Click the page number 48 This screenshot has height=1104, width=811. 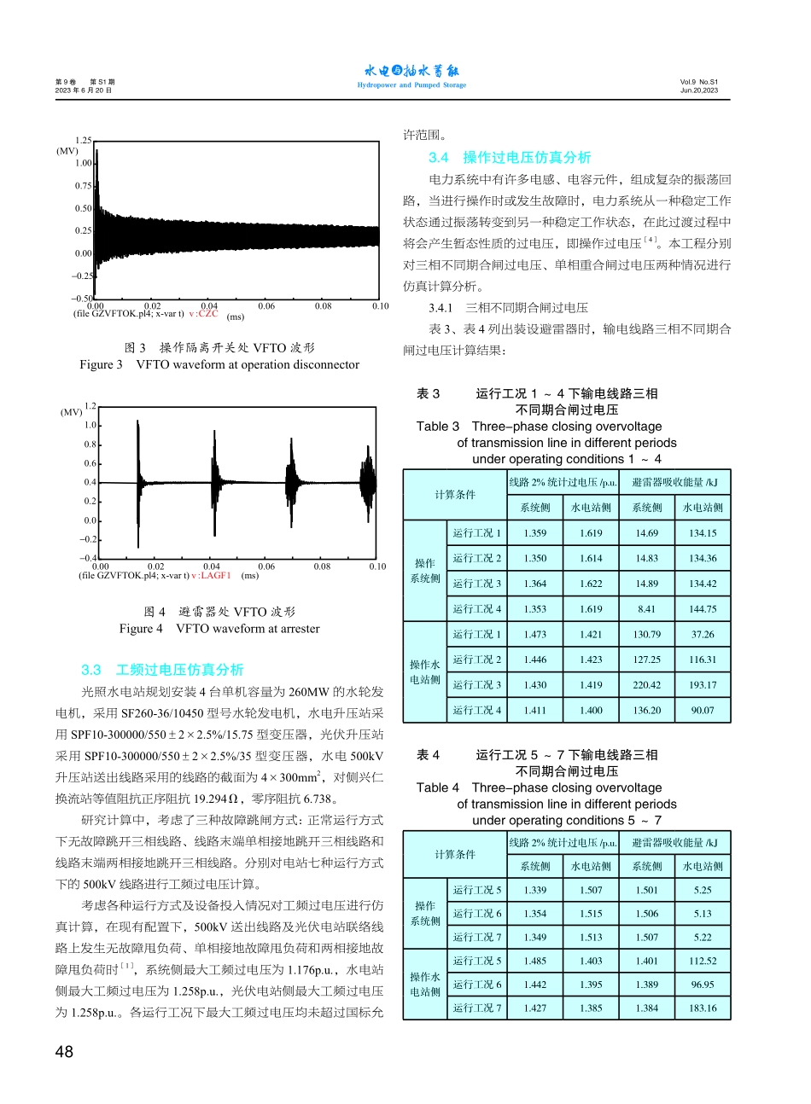[x=64, y=1052]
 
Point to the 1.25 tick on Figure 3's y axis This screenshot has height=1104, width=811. [x=84, y=140]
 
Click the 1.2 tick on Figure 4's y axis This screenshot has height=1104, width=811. [x=90, y=407]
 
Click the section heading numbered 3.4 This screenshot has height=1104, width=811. [x=510, y=157]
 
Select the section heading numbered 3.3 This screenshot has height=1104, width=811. [x=162, y=670]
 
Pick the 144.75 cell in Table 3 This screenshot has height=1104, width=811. [x=703, y=609]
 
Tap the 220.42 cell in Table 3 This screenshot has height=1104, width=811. [x=646, y=685]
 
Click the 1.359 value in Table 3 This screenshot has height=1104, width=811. [x=534, y=533]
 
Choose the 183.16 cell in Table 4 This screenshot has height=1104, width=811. [x=703, y=1008]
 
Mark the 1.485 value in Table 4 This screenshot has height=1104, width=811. [x=534, y=961]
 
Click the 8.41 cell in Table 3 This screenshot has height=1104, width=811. [x=646, y=609]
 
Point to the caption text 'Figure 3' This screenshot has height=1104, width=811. [x=102, y=364]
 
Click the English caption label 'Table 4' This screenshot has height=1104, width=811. [x=437, y=787]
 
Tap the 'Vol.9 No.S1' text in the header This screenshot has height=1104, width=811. [x=699, y=83]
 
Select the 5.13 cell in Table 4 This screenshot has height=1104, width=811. [x=703, y=914]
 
